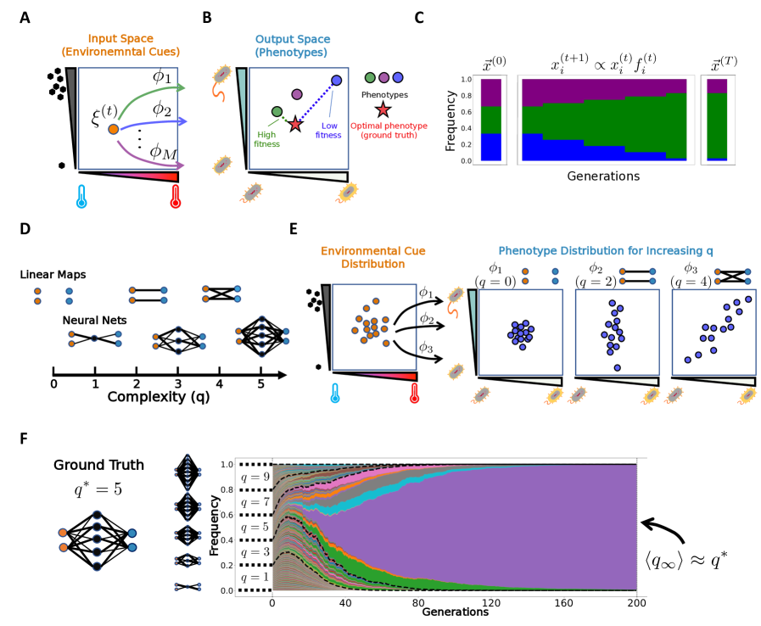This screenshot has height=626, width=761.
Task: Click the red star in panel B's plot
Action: tap(294, 125)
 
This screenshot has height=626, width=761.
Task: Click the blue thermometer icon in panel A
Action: tap(81, 197)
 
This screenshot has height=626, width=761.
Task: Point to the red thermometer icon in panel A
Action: tap(175, 197)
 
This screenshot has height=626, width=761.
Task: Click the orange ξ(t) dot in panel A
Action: tap(113, 130)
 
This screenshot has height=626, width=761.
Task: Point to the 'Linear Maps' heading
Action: tap(53, 276)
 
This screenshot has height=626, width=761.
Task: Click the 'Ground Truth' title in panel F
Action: tap(98, 466)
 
